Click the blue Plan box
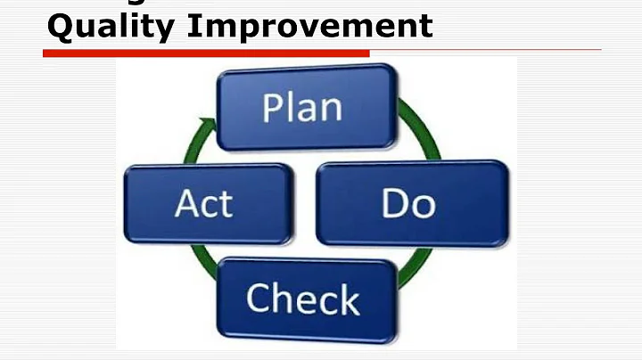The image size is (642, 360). [x=302, y=108]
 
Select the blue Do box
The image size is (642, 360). [x=411, y=202]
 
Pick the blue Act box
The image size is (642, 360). [x=208, y=203]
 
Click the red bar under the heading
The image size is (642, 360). [x=205, y=53]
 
